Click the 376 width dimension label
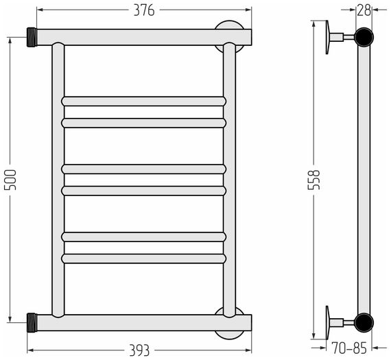[144, 10]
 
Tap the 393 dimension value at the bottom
[139, 350]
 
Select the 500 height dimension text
[10, 180]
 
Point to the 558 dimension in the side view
[314, 180]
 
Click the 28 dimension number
[364, 10]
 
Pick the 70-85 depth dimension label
[349, 348]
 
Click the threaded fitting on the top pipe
[32, 37]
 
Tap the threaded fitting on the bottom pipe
[32, 322]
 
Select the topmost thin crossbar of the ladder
[143, 101]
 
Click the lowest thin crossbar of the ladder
[143, 259]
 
